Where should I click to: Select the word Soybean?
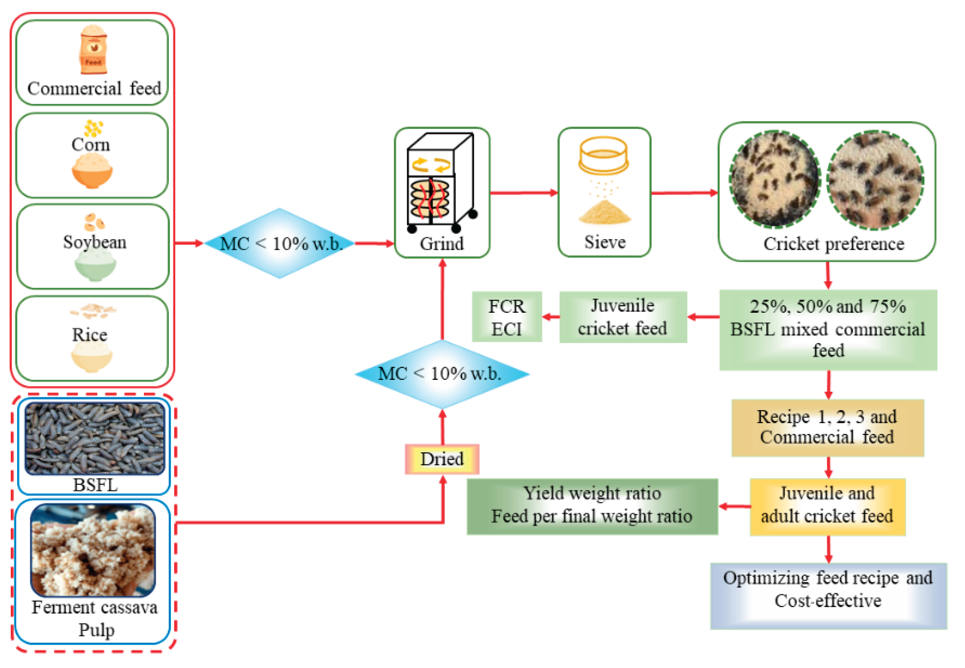tap(95, 242)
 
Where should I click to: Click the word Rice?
tap(89, 335)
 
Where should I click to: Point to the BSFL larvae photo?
tap(95, 438)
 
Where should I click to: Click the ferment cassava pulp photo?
tap(93, 550)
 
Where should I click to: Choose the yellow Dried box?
tap(442, 459)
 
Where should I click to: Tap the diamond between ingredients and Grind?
tap(280, 243)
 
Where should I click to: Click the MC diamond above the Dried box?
tap(442, 374)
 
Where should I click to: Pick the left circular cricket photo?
tap(774, 179)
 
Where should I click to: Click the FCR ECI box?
tap(507, 317)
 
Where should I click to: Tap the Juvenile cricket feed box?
tap(622, 317)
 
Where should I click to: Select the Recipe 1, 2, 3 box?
tap(827, 427)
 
